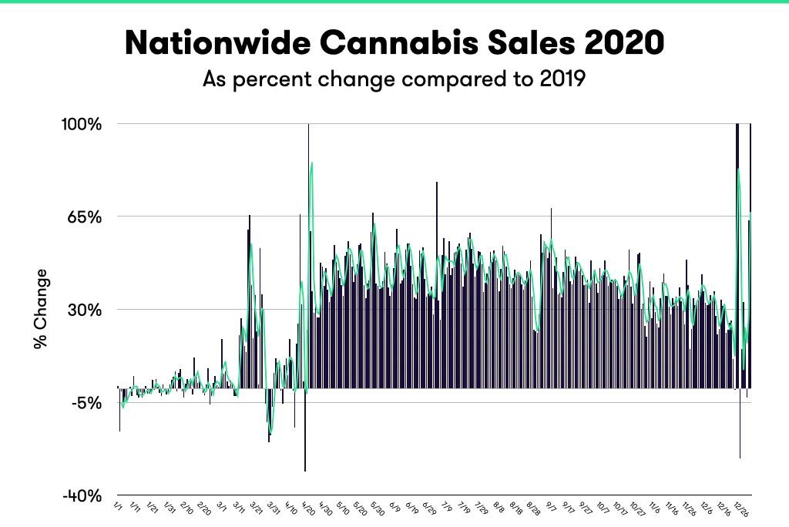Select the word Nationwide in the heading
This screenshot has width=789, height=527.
point(203,43)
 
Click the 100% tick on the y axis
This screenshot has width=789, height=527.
point(82,124)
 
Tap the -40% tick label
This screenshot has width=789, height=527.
point(82,496)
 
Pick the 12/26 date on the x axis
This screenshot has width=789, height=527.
point(741,509)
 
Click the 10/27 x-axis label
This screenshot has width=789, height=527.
point(637,509)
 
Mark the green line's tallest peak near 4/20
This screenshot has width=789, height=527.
point(311,163)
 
